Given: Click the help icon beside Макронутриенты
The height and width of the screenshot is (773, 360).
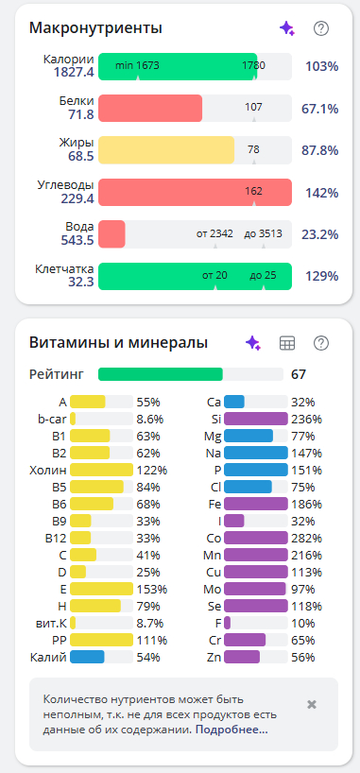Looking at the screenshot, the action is click(321, 28).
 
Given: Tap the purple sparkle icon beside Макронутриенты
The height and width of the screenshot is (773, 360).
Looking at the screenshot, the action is click(287, 28).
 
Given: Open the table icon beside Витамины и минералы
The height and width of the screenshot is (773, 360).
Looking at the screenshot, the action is click(287, 343).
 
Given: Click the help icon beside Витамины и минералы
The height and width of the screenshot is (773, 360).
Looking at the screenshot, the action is click(321, 343).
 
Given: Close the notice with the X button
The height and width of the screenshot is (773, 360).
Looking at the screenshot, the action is click(312, 704).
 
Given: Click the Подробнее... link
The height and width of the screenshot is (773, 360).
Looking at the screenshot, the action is click(231, 730).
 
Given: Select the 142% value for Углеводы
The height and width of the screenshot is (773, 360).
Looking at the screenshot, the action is click(321, 193).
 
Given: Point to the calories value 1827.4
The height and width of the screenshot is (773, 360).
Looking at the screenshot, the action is click(74, 73).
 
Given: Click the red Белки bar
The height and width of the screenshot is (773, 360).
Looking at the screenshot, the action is click(150, 108).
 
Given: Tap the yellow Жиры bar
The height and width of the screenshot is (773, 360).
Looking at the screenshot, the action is click(166, 150).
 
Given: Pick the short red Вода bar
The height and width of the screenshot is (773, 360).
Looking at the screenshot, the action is click(111, 234).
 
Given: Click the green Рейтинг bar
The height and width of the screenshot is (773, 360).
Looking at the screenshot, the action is click(161, 374).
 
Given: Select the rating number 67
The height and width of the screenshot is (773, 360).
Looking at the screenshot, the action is click(299, 374).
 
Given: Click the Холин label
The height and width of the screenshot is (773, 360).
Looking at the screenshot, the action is click(48, 470).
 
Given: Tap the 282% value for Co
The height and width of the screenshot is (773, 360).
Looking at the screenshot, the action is click(307, 538).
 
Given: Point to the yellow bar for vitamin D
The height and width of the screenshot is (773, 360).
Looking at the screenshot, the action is click(77, 572).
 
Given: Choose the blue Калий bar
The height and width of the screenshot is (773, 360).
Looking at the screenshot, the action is click(87, 657).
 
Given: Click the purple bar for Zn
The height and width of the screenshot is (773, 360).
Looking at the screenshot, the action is click(242, 657).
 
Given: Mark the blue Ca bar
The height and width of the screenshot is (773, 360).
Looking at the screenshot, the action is click(234, 402).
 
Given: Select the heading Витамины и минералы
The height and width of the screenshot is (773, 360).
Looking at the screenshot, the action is click(118, 343).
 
